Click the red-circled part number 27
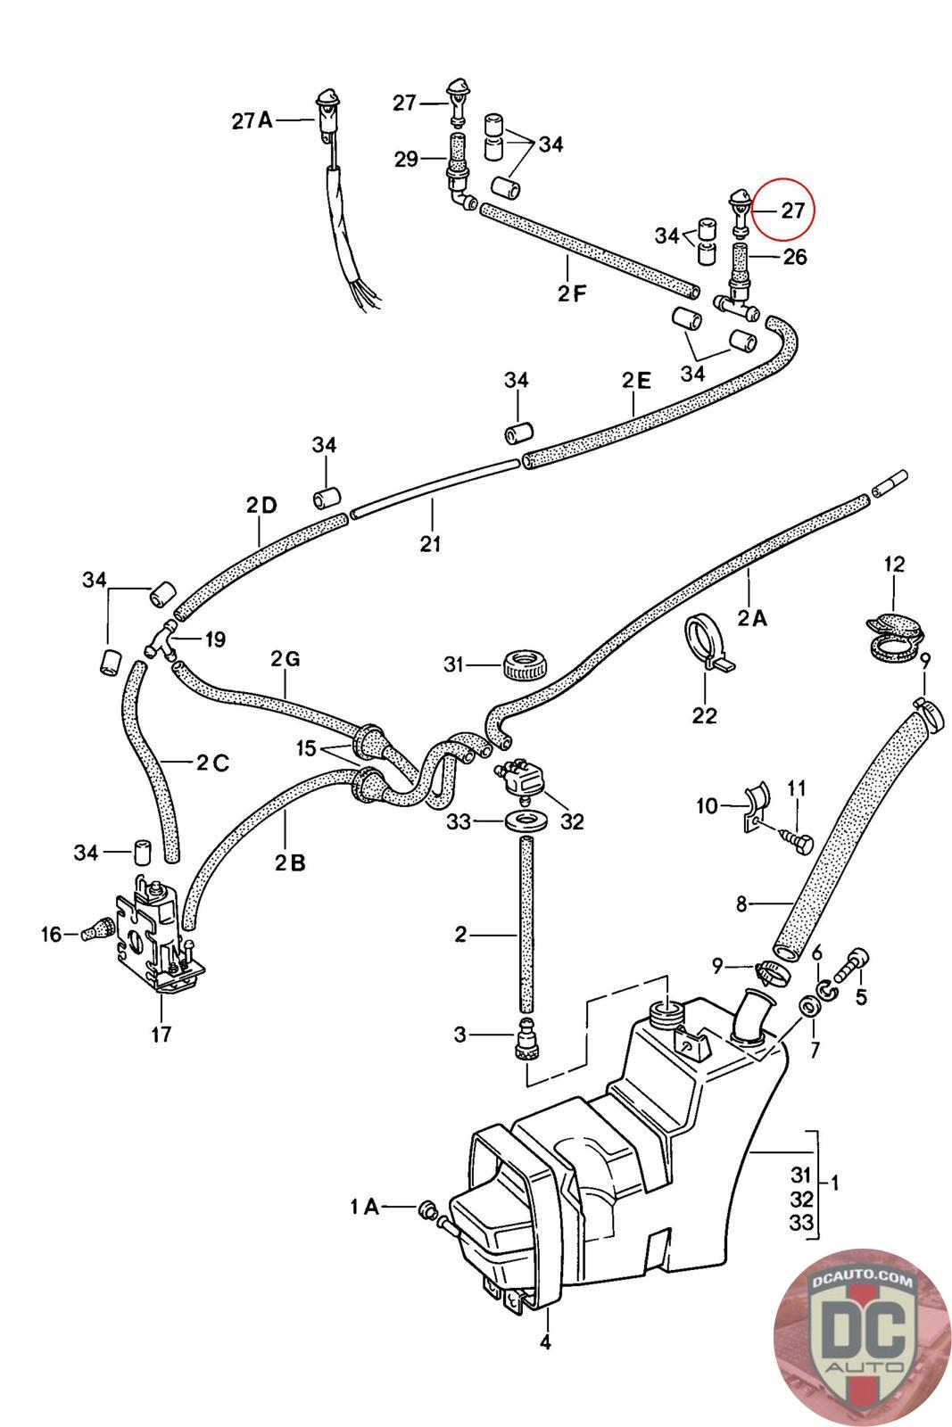coord(792,211)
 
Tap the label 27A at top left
coord(252,120)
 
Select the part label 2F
coord(572,292)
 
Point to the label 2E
coord(636,381)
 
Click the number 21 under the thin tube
coord(431,542)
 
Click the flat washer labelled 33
coord(524,820)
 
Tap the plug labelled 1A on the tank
coord(427,1208)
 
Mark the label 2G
coord(286,660)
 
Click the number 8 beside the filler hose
coord(741,904)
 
